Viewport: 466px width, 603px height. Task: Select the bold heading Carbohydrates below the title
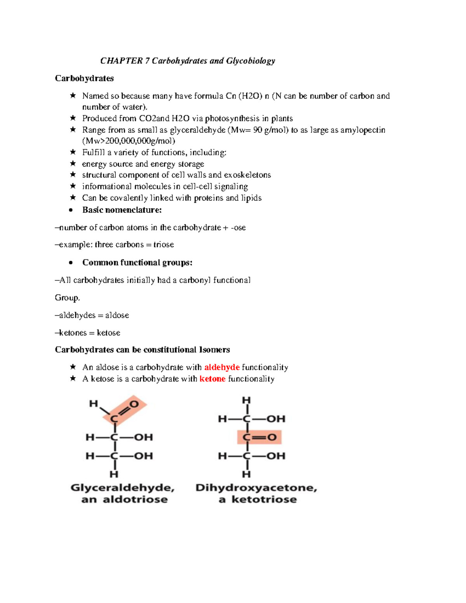point(84,78)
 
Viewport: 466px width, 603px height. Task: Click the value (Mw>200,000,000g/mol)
point(129,141)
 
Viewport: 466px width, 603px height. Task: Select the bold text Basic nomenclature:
point(122,210)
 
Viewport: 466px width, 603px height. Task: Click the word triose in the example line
point(163,245)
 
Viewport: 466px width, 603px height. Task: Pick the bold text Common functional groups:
point(137,262)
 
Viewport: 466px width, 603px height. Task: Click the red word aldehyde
point(222,367)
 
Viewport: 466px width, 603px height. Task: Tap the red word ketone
point(212,379)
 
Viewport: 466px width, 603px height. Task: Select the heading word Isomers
point(214,350)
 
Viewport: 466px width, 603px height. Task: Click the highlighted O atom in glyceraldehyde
point(134,404)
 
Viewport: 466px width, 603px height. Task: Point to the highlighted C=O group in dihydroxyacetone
point(259,438)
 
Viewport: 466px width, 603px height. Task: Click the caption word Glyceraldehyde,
point(122,488)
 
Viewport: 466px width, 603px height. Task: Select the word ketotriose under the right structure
point(264,500)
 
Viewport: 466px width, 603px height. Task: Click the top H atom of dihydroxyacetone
point(247,400)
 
